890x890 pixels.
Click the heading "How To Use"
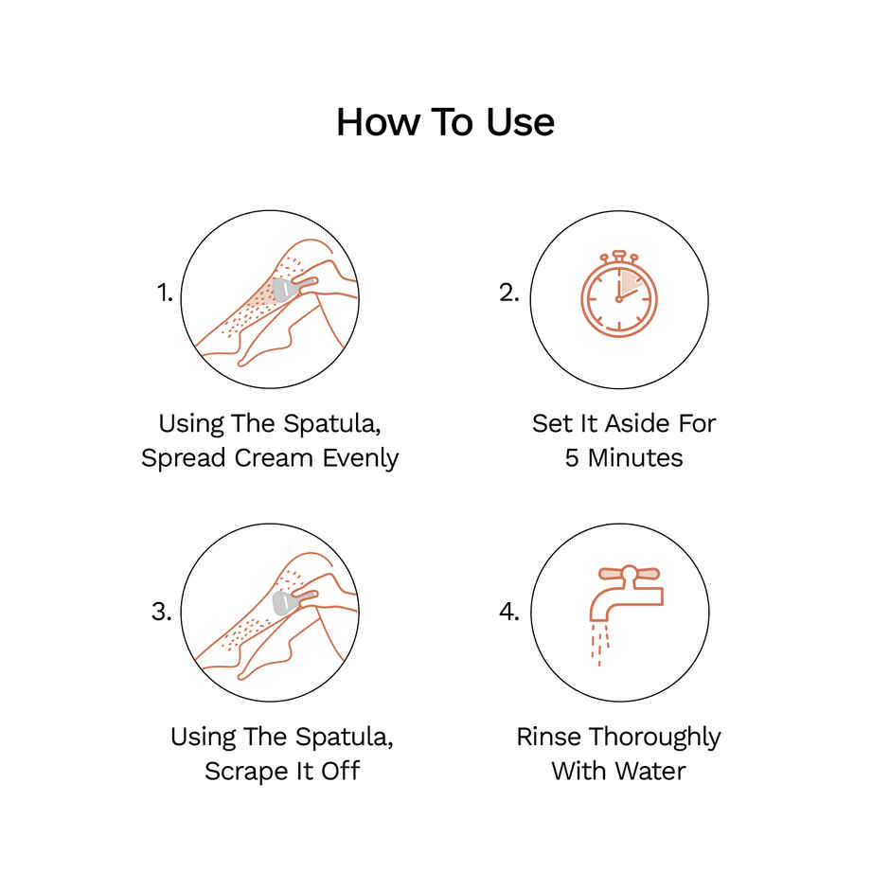[445, 122]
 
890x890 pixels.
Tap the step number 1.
[165, 293]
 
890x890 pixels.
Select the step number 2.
[509, 293]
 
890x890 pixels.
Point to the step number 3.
[161, 612]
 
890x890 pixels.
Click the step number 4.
[509, 612]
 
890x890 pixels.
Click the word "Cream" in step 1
[274, 458]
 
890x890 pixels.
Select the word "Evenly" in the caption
[361, 458]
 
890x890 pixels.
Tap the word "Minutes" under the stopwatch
[635, 458]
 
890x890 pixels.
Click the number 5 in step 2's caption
[572, 458]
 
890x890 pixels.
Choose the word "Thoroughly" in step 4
[655, 738]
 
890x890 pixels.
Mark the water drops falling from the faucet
[600, 644]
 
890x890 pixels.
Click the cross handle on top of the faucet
[629, 575]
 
